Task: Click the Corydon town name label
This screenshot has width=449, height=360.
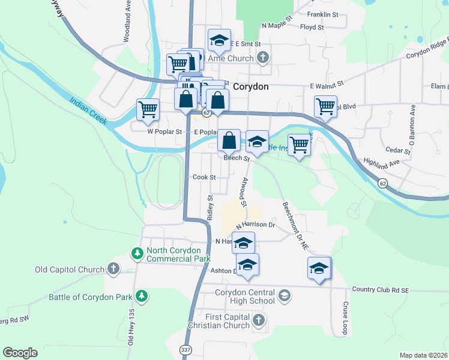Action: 250,86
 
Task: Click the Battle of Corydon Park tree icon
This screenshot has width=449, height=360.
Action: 142,295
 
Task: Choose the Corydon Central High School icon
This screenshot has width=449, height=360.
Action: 285,295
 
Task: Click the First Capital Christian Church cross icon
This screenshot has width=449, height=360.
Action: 259,319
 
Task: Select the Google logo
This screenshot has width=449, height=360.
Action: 20,353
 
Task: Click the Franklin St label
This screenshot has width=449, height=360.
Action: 319,14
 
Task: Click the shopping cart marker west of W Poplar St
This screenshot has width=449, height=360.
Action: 148,109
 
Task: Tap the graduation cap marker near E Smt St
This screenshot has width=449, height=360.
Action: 219,41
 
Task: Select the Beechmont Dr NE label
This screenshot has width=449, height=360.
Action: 295,225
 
